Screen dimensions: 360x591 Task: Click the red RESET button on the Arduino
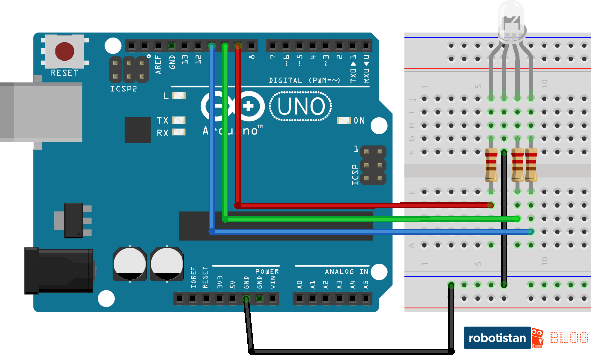(65, 51)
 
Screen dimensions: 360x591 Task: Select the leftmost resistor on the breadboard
(491, 165)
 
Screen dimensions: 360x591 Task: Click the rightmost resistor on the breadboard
(531, 165)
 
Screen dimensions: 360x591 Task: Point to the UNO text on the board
(301, 107)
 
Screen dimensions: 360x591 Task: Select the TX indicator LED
(179, 120)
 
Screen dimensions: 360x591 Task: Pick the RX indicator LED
(179, 133)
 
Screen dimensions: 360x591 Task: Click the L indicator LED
(179, 95)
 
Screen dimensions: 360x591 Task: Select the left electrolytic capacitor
(130, 264)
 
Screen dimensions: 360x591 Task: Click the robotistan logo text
(497, 339)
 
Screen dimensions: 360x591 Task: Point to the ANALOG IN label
(347, 271)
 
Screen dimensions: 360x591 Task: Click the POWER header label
(267, 271)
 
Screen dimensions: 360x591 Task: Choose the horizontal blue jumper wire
(371, 231)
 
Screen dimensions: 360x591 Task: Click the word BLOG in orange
(569, 338)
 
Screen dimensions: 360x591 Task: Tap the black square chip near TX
(137, 130)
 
